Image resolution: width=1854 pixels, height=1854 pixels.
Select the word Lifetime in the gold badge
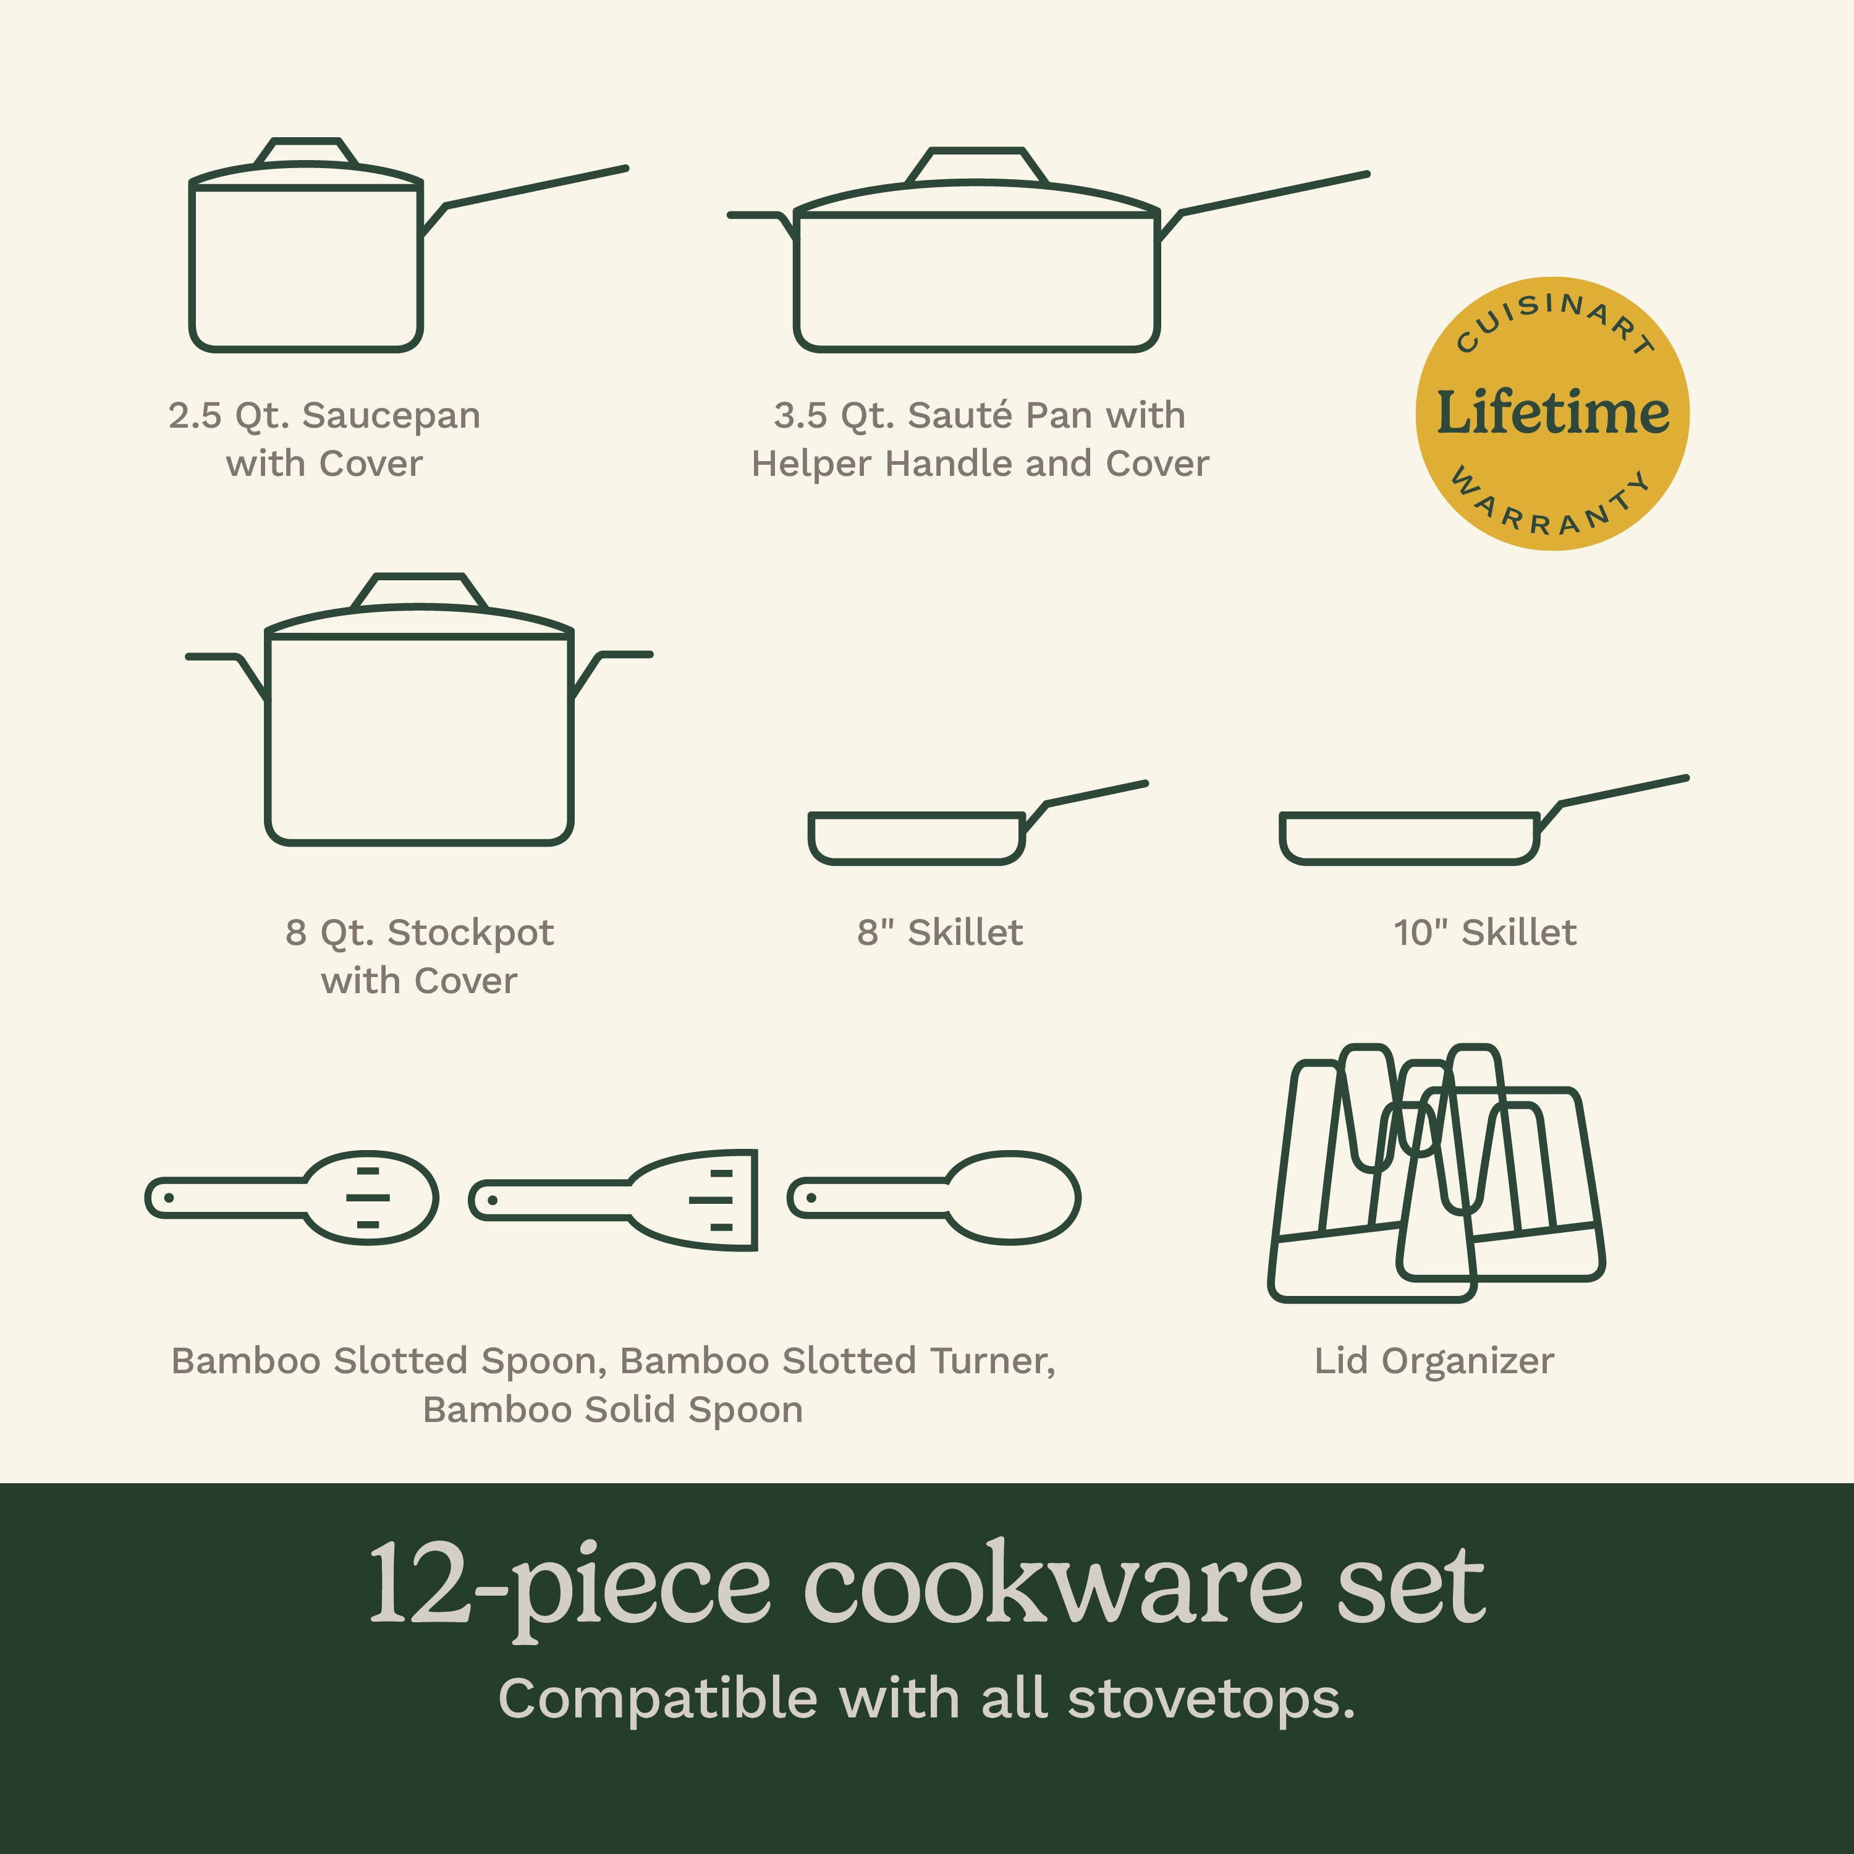point(1552,413)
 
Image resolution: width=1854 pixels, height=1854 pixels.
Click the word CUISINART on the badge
point(1555,316)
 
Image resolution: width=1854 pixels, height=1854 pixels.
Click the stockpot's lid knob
point(418,591)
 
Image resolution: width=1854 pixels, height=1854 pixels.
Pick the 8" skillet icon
point(978,823)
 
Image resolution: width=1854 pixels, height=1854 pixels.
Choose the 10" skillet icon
point(1484,821)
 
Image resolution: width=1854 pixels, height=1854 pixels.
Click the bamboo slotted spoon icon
point(292,1198)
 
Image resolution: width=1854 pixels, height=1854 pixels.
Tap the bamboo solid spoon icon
point(934,1198)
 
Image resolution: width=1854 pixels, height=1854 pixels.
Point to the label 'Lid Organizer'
point(1434,1361)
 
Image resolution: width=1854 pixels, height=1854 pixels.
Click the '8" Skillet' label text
point(939,933)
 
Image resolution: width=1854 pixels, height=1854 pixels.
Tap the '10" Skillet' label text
point(1484,933)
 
